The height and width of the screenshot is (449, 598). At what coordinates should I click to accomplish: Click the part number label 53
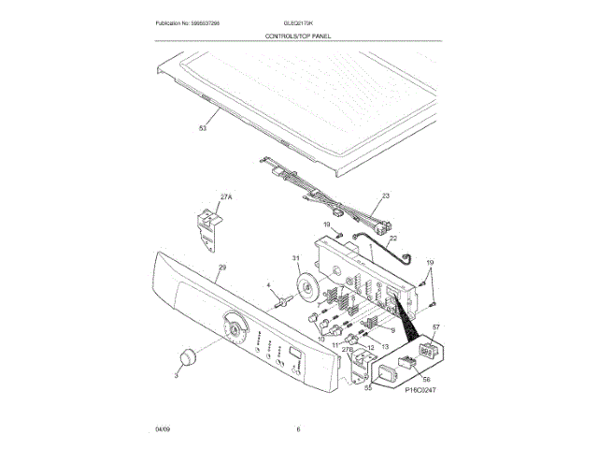[x=202, y=129]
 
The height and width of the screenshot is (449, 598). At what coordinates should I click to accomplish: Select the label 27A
[x=224, y=197]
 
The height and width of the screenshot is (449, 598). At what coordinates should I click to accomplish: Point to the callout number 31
[x=296, y=258]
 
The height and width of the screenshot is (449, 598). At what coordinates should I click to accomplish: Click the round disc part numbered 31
[x=307, y=286]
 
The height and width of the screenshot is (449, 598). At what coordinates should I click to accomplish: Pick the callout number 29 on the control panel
[x=221, y=268]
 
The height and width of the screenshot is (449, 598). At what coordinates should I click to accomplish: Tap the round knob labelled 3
[x=188, y=358]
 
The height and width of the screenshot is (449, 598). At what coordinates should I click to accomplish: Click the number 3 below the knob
[x=176, y=376]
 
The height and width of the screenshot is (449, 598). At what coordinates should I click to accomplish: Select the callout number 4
[x=268, y=284]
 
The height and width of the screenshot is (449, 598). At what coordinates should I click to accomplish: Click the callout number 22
[x=392, y=239]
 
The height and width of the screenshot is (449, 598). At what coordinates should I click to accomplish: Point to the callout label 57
[x=435, y=326]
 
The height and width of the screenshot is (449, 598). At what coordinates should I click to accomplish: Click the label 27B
[x=348, y=350]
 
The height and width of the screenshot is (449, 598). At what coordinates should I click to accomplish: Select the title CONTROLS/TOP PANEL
[x=298, y=35]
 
